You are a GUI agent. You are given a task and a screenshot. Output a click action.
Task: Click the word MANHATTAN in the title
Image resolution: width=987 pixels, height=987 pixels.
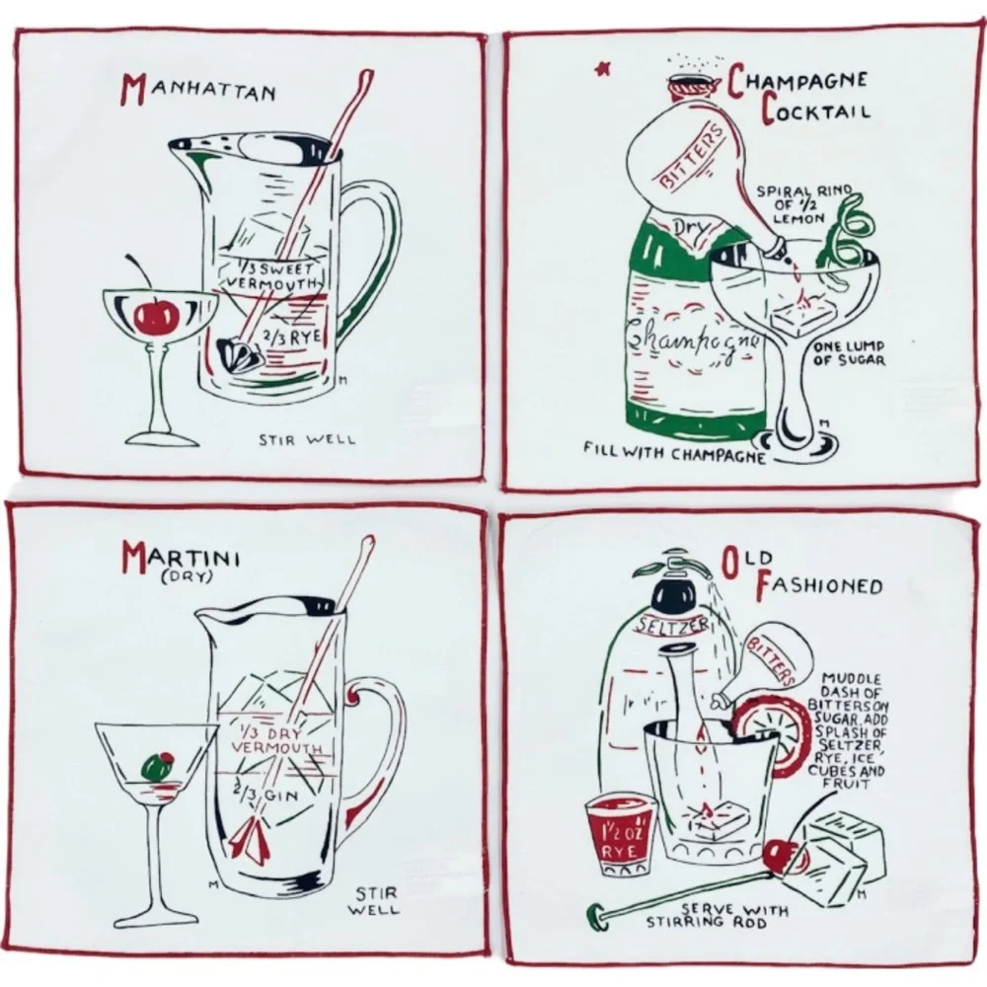pos(199,90)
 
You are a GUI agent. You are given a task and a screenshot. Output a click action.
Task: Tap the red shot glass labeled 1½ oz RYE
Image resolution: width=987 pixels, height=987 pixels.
pos(620,835)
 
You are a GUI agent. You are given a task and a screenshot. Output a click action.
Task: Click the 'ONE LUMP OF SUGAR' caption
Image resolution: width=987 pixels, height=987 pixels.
pos(849,353)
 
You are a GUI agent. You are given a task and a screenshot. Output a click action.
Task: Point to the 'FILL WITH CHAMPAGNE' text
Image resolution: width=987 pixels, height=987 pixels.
pos(674,452)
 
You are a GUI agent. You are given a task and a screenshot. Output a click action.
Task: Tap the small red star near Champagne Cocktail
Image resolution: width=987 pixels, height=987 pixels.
pos(601,69)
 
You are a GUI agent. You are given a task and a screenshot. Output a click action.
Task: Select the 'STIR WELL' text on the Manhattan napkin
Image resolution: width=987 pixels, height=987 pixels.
pos(307,439)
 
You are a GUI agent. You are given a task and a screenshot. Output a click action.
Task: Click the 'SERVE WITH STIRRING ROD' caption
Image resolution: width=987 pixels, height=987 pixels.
pos(717,915)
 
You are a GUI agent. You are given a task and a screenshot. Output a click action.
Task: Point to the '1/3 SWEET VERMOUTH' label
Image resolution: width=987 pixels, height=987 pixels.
pos(271,275)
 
